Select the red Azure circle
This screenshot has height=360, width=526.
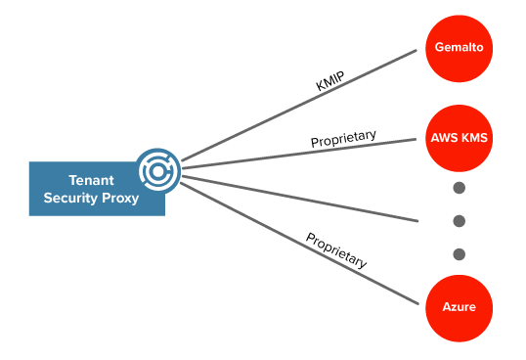(x=459, y=307)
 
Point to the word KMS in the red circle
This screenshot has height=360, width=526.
(x=474, y=138)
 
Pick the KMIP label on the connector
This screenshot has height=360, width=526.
(x=330, y=81)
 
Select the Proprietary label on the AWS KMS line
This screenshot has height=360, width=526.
(x=343, y=138)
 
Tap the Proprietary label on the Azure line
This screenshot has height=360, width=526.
(x=336, y=250)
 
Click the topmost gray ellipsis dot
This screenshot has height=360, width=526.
(x=459, y=188)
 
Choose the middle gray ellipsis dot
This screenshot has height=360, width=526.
(x=459, y=221)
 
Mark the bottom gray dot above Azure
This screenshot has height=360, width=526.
(x=459, y=254)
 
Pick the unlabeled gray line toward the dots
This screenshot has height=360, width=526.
(x=313, y=199)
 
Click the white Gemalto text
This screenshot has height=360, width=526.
(x=459, y=47)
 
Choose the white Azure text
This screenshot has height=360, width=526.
(x=459, y=307)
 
